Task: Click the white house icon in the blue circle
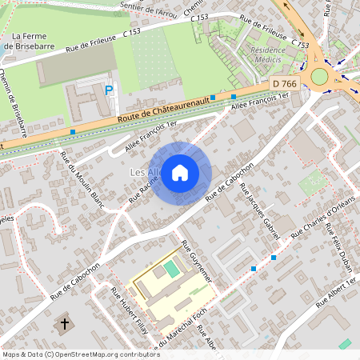click(x=180, y=173)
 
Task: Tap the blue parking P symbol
click(x=109, y=90)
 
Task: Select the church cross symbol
click(x=66, y=325)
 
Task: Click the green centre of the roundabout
click(x=320, y=76)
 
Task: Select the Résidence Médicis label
click(x=266, y=53)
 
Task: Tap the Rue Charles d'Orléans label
click(x=322, y=212)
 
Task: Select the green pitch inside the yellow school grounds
click(x=173, y=271)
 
